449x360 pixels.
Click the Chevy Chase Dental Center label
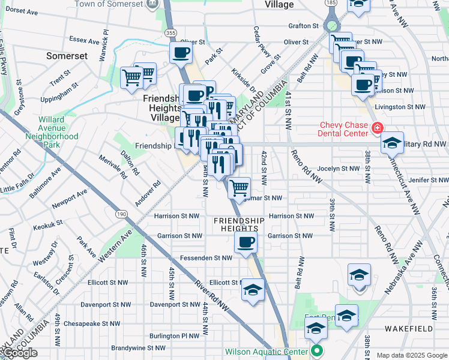(x=345, y=128)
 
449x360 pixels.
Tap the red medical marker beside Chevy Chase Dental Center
(x=377, y=128)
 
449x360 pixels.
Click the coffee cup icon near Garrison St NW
(x=246, y=243)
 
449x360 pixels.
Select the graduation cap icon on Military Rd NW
(x=392, y=144)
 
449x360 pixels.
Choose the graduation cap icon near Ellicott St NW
(x=253, y=291)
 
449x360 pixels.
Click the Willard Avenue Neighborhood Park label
(x=52, y=132)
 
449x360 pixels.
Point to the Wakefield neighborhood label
(x=411, y=329)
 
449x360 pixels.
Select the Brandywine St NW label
(x=138, y=348)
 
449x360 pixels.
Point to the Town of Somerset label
(x=109, y=4)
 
